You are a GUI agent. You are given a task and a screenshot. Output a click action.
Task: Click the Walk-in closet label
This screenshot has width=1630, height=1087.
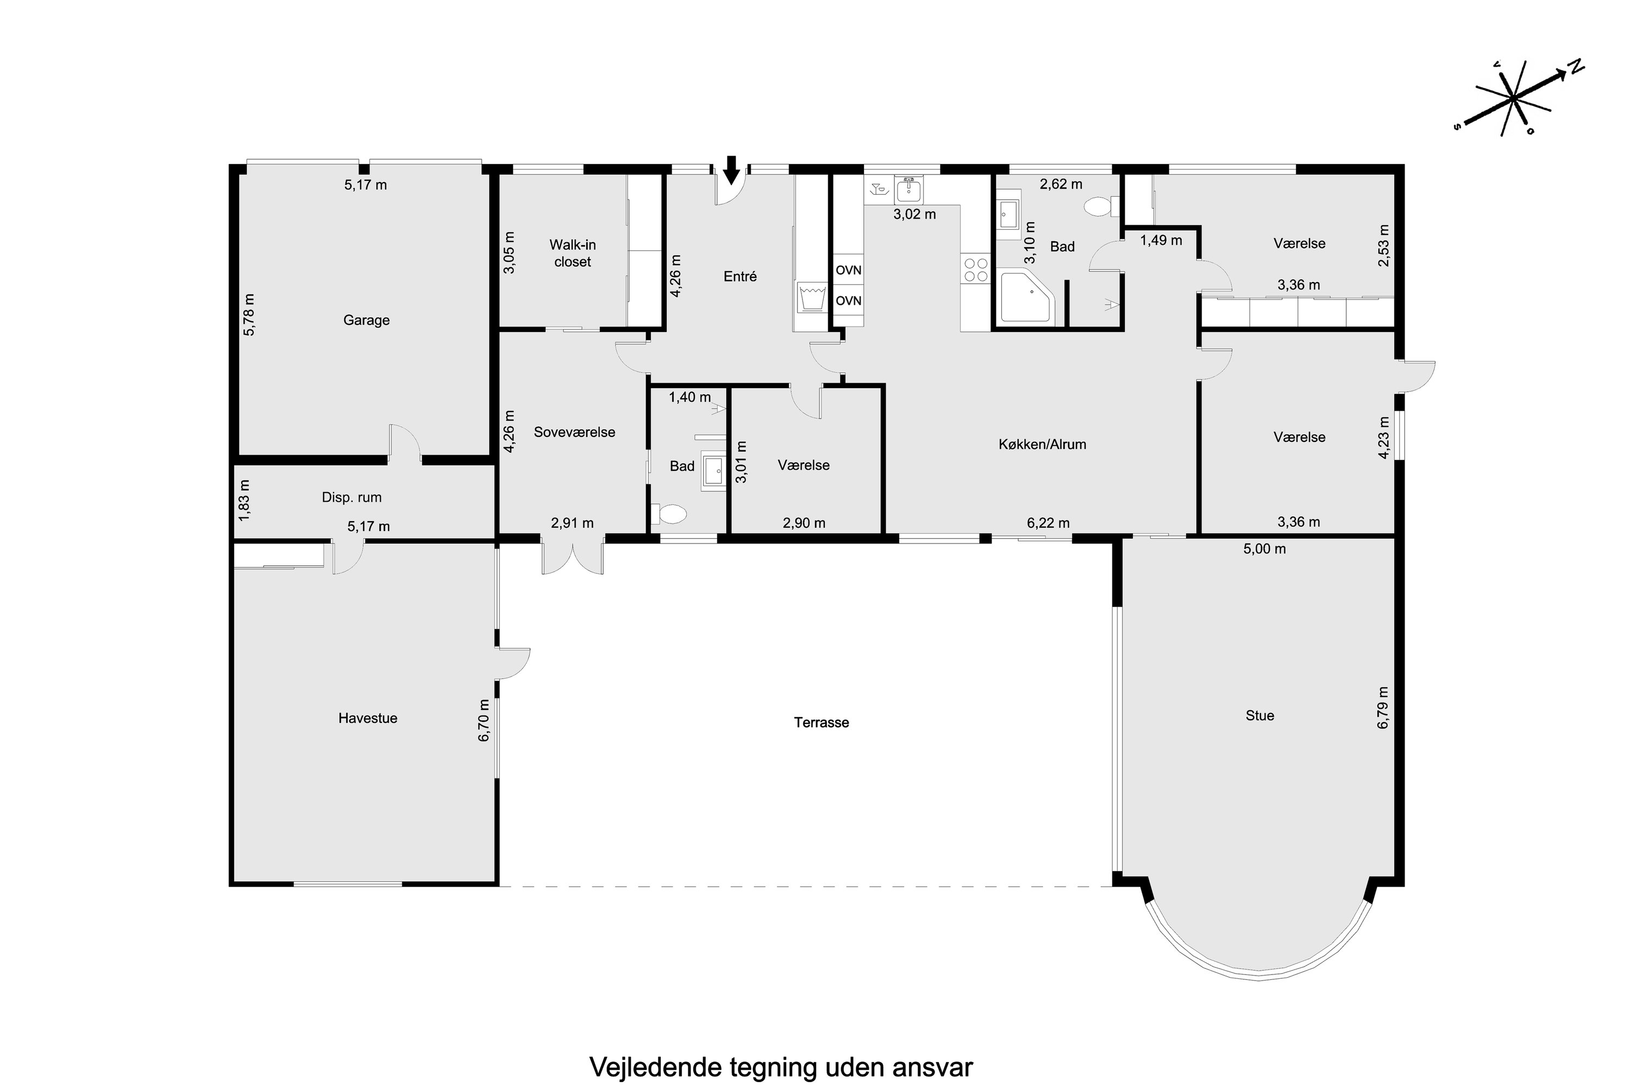click(x=573, y=253)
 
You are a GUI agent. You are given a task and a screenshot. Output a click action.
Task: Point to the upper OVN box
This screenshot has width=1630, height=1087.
click(x=848, y=270)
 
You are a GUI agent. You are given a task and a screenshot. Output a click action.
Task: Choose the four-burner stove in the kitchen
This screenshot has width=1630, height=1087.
click(x=976, y=270)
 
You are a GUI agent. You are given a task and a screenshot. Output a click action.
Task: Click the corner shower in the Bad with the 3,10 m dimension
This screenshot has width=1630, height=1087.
click(x=1026, y=298)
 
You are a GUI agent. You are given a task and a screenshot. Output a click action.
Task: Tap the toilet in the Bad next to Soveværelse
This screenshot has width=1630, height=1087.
click(x=669, y=514)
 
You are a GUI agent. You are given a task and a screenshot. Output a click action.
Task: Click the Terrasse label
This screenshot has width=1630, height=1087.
click(x=821, y=722)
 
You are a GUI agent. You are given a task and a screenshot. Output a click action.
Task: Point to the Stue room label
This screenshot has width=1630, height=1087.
click(x=1259, y=715)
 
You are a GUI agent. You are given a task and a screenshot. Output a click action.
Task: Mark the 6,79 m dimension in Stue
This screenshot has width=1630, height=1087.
click(x=1383, y=707)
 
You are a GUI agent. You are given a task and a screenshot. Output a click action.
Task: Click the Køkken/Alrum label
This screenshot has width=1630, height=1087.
click(x=1042, y=445)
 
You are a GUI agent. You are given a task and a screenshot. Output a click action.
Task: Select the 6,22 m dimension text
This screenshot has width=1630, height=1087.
click(x=1048, y=523)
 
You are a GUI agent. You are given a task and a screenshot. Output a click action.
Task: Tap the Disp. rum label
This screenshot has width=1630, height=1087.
click(x=352, y=497)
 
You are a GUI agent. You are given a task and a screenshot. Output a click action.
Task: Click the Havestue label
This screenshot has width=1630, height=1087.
click(x=367, y=718)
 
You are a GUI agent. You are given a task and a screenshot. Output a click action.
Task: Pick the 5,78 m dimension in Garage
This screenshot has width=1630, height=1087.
click(x=249, y=315)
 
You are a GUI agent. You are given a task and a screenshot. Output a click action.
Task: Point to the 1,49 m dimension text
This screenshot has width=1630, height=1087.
click(x=1162, y=241)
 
